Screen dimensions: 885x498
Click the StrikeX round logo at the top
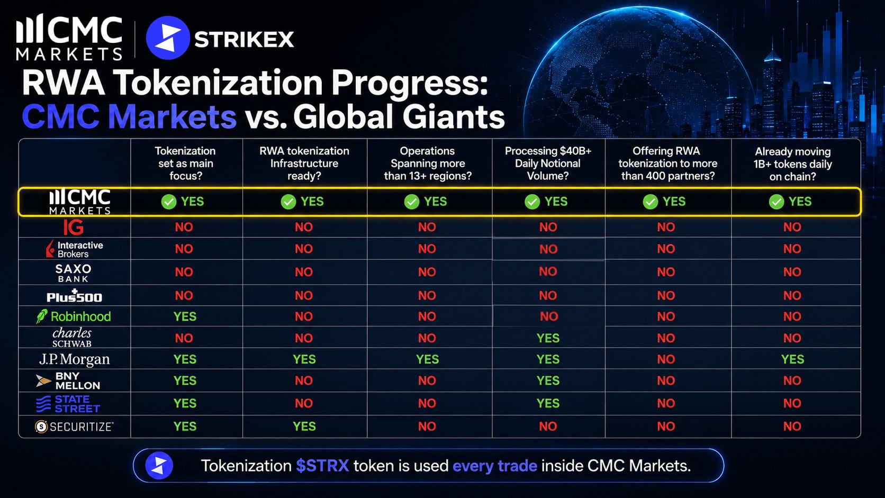[x=168, y=38]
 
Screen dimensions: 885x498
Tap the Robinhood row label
[x=74, y=316]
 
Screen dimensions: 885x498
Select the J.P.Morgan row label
[x=74, y=359]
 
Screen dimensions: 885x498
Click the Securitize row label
[x=74, y=427]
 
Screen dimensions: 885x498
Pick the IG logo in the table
[x=74, y=227]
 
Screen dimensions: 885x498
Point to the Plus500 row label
[x=74, y=296]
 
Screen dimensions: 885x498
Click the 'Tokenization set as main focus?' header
[x=185, y=163]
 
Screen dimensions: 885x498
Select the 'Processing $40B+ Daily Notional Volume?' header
[x=548, y=163]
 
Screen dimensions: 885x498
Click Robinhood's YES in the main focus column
[x=185, y=316]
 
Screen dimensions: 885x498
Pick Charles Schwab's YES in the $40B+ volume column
[x=548, y=338]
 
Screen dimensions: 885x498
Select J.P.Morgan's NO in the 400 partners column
[x=666, y=359]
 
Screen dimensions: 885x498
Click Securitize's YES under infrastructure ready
[x=304, y=427]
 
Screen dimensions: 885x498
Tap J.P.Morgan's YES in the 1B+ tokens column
[x=792, y=359]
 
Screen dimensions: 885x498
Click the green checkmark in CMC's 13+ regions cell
[x=412, y=202]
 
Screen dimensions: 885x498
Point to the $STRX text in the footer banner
[x=322, y=466]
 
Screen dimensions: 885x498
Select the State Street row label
[x=68, y=404]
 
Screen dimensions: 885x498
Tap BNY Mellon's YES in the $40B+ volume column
[x=548, y=381]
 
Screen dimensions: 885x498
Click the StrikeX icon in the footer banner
[x=159, y=466]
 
